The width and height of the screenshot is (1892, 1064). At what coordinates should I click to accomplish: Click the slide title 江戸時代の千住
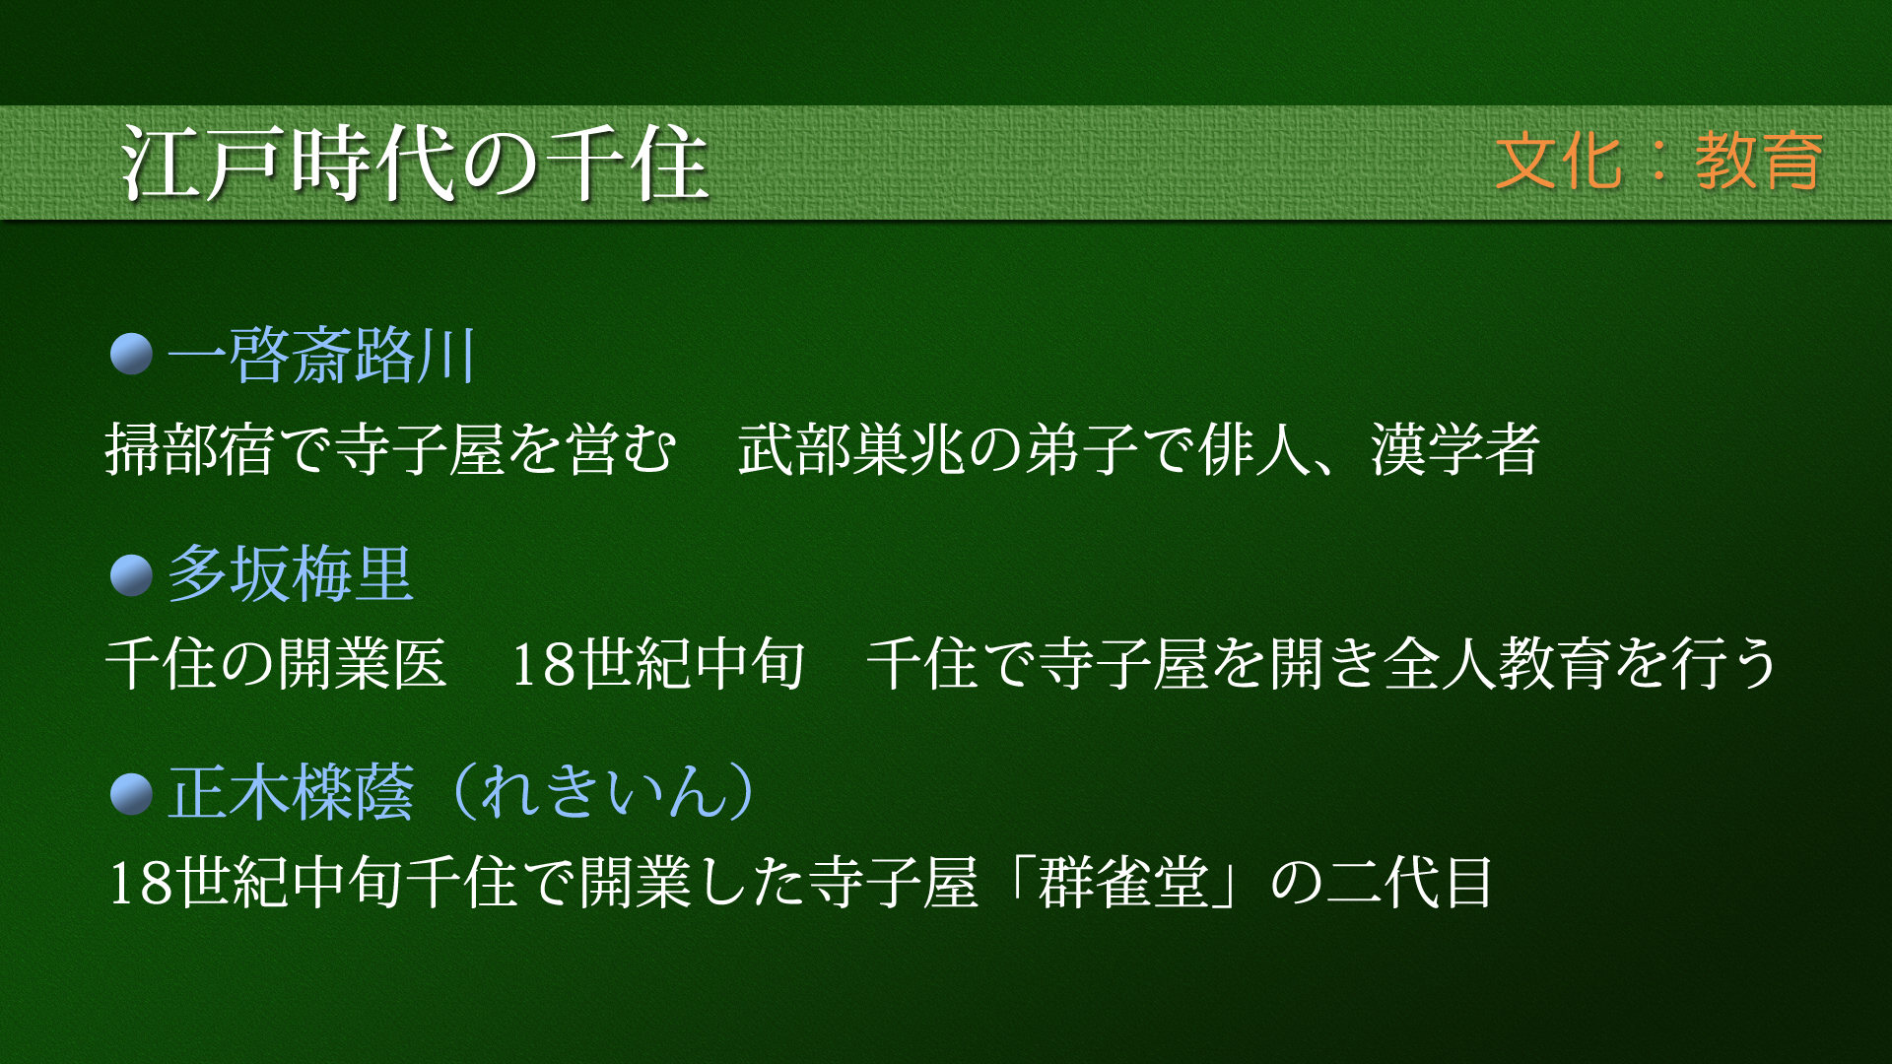click(x=415, y=164)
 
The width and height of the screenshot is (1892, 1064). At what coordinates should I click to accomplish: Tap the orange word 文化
click(x=1558, y=162)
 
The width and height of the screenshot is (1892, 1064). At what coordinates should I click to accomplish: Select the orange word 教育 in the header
click(x=1760, y=162)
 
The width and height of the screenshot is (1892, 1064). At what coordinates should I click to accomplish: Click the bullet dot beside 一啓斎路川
click(x=131, y=355)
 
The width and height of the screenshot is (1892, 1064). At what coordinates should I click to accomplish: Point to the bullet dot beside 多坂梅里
click(x=131, y=575)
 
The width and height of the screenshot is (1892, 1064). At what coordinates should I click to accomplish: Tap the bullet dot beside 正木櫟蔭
click(x=131, y=794)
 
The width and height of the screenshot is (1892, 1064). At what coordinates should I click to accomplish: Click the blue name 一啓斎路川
click(x=322, y=356)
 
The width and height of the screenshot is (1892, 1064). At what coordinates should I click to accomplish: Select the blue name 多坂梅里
click(x=291, y=574)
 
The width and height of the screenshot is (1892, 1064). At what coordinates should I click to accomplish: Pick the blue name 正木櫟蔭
click(x=291, y=793)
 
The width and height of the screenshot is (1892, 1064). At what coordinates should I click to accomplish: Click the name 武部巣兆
click(x=852, y=449)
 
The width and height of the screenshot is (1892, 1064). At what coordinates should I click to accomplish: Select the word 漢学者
click(x=1455, y=449)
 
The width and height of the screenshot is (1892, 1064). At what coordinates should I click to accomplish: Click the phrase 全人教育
click(x=1498, y=663)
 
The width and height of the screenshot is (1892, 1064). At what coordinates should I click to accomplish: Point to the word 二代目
click(x=1409, y=882)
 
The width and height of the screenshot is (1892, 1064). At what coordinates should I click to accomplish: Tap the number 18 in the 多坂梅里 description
click(x=543, y=664)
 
